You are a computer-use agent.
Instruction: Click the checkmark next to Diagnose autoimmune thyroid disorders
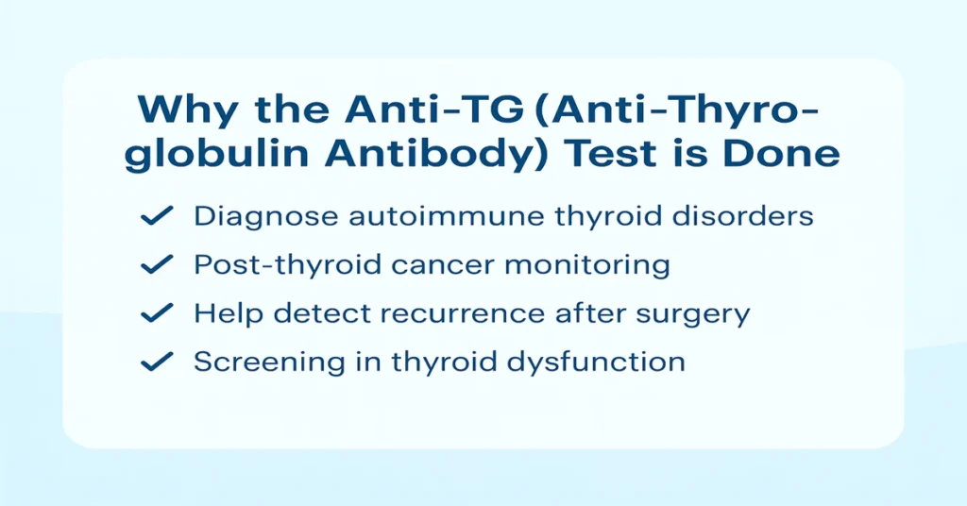[x=155, y=216]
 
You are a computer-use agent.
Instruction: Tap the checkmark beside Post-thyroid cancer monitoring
[x=155, y=265]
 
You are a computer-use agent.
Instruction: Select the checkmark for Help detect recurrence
[x=155, y=313]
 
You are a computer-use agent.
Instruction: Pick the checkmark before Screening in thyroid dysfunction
[x=155, y=362]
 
